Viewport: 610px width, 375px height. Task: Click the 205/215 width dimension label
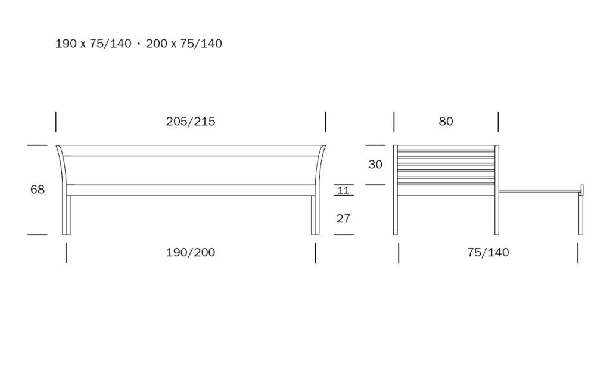click(191, 122)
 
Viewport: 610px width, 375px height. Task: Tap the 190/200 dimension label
click(191, 252)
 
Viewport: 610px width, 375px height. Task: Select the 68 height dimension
click(38, 189)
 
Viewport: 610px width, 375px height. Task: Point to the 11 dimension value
click(344, 190)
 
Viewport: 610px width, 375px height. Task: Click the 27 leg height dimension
click(343, 218)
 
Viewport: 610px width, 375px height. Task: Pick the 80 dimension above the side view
click(446, 122)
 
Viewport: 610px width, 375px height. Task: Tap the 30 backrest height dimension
click(375, 165)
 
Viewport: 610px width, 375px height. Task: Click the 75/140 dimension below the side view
click(488, 252)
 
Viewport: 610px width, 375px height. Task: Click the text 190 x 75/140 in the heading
click(94, 44)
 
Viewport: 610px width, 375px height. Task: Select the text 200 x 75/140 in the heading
click(184, 44)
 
